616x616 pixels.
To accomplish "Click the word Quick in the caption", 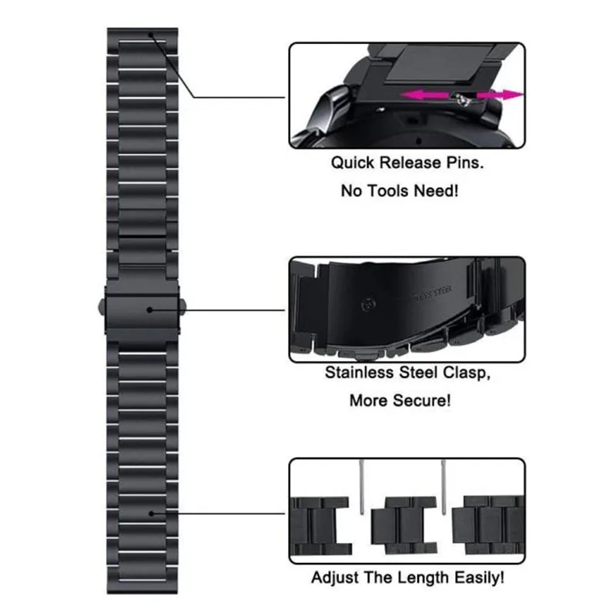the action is [350, 163].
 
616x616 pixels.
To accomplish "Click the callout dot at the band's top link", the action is [151, 35].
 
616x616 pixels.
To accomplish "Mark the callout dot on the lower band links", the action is [152, 512].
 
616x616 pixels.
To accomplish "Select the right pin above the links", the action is [445, 484].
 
